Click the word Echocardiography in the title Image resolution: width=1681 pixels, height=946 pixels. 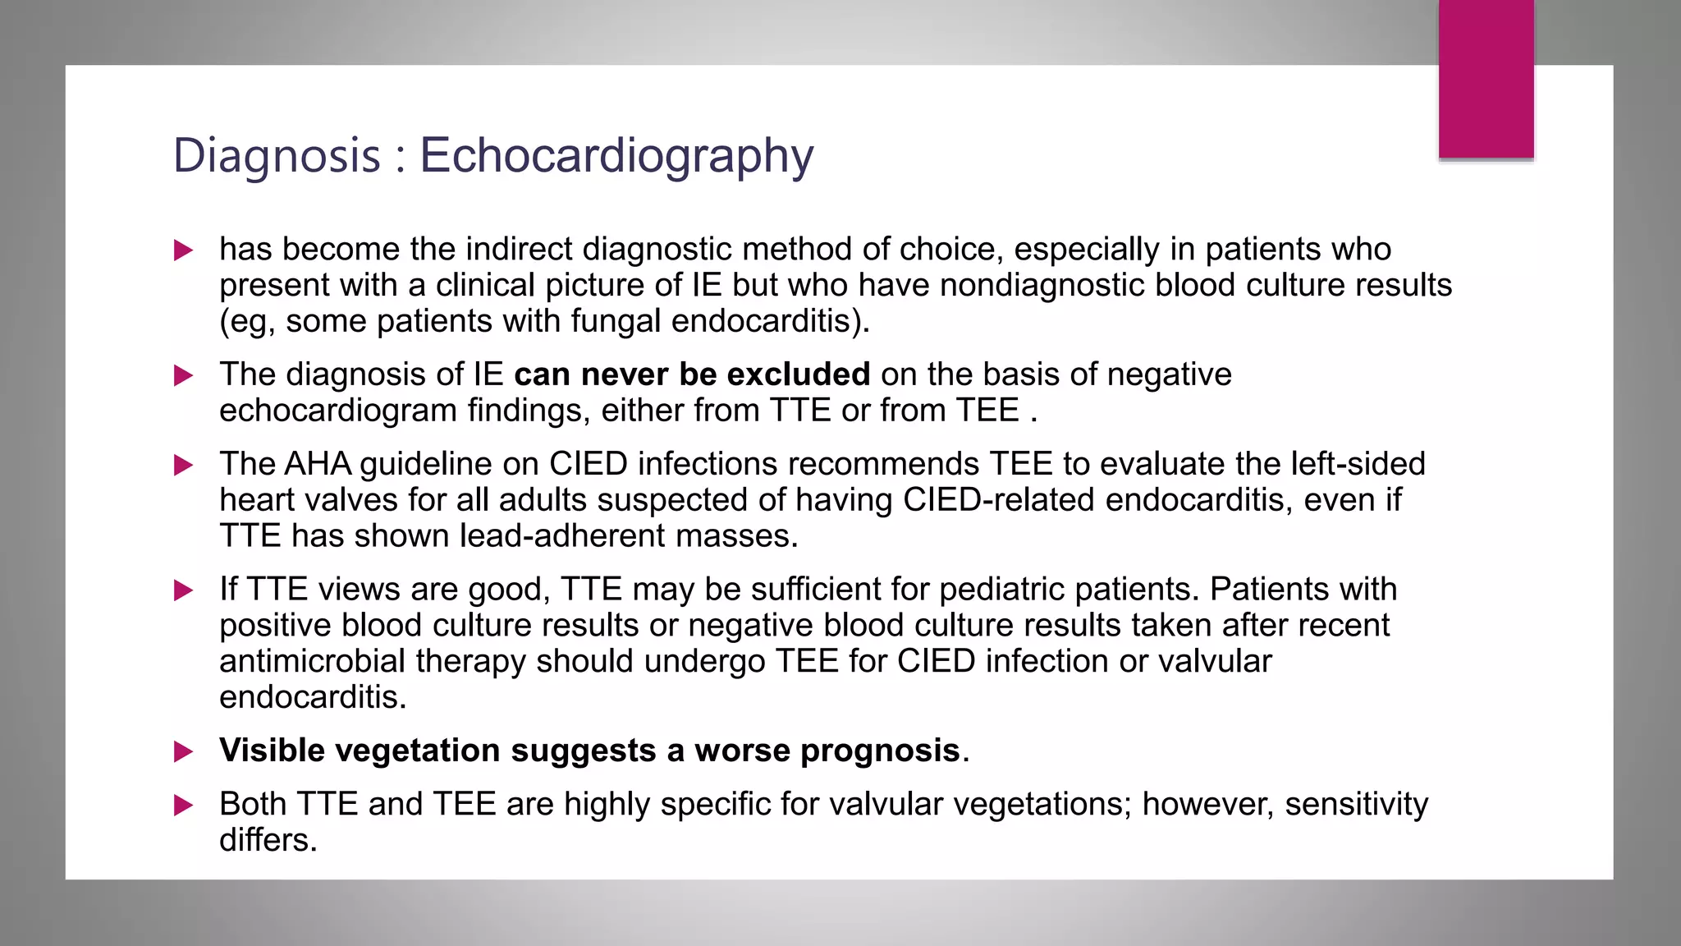[616, 156]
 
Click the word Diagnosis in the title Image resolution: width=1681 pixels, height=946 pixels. [277, 156]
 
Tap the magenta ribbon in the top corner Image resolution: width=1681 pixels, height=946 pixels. [1486, 78]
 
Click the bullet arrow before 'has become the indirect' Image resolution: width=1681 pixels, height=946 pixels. [184, 250]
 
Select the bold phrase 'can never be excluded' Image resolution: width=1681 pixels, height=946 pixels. [691, 374]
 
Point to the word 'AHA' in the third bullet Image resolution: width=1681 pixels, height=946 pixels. [317, 464]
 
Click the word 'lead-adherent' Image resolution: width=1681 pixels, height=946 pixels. [562, 536]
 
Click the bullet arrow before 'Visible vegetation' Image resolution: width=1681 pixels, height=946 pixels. [184, 751]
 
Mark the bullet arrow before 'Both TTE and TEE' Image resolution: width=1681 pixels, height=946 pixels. [184, 806]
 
